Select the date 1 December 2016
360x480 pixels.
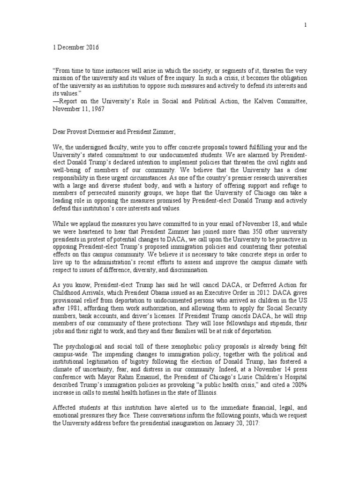[75, 48]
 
